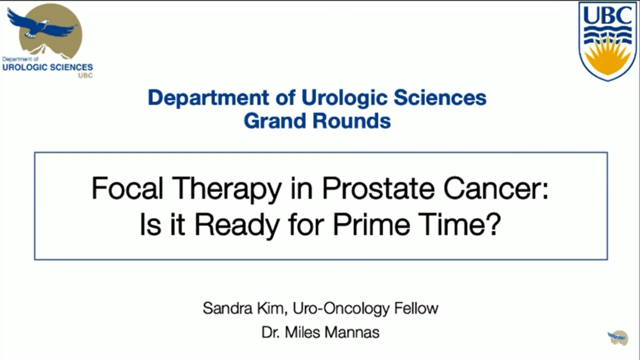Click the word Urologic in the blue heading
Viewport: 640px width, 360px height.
344,98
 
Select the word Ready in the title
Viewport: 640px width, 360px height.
237,225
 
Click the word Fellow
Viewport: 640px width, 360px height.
416,308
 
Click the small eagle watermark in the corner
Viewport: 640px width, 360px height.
618,338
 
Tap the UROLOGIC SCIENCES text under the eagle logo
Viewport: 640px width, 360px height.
48,67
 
